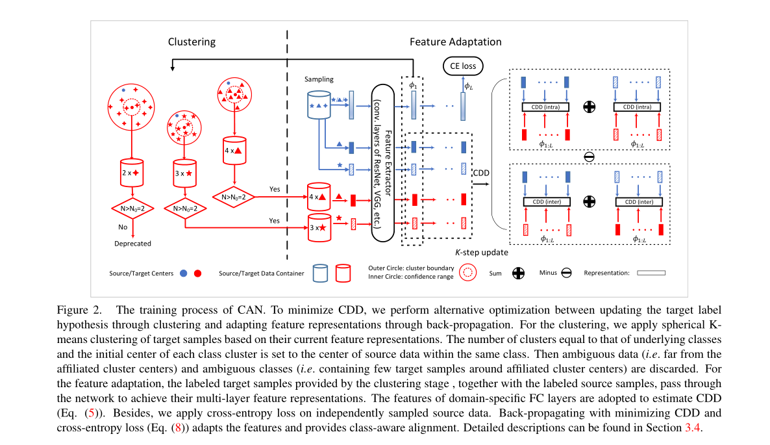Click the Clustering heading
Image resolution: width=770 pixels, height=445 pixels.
coord(192,42)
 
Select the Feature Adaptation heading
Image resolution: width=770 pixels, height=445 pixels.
coord(455,42)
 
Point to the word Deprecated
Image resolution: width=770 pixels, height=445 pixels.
coord(132,244)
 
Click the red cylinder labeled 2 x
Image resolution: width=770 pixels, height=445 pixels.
coord(132,173)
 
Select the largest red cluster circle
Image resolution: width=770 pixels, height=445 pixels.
coord(132,106)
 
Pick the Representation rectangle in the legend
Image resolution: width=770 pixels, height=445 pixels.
coord(651,273)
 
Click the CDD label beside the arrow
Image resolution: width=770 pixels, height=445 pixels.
coord(481,173)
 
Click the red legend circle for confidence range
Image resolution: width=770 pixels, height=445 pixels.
coord(468,273)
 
